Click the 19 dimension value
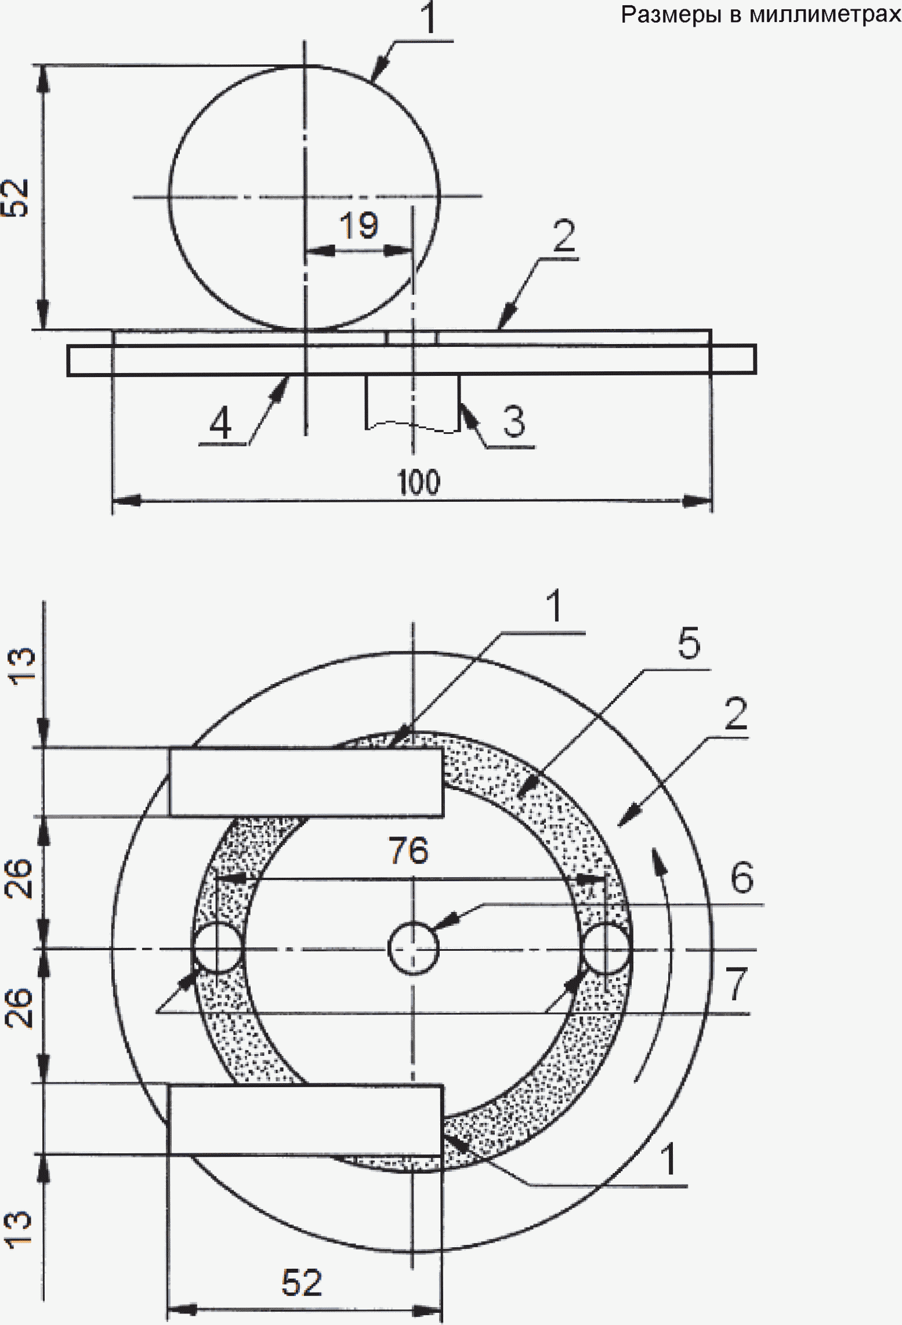coord(359,225)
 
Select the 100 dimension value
coord(418,482)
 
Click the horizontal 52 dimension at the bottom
coord(302,1282)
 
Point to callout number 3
coord(514,421)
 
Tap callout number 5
coord(689,643)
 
